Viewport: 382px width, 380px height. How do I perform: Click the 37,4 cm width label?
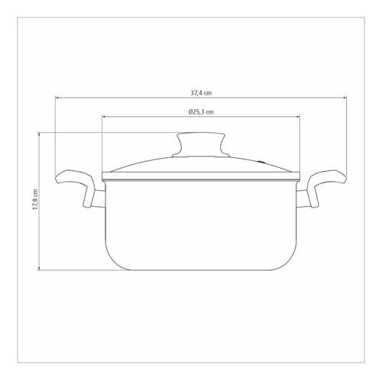click(x=201, y=93)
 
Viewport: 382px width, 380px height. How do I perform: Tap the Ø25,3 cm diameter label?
click(x=201, y=112)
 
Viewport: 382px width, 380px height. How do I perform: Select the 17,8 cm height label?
click(x=35, y=199)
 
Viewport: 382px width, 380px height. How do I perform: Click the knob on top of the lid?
click(x=201, y=144)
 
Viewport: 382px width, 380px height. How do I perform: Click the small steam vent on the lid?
click(x=261, y=161)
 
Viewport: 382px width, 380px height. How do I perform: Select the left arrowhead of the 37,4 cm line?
click(x=57, y=98)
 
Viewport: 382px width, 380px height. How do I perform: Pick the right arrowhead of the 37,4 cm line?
click(x=345, y=98)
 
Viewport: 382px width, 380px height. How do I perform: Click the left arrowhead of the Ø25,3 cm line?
click(x=104, y=117)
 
